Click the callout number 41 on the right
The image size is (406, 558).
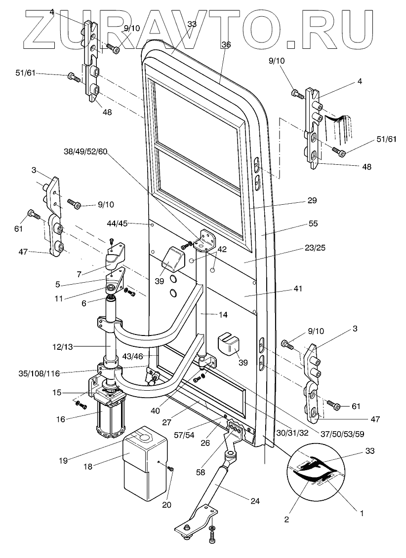click(312, 288)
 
